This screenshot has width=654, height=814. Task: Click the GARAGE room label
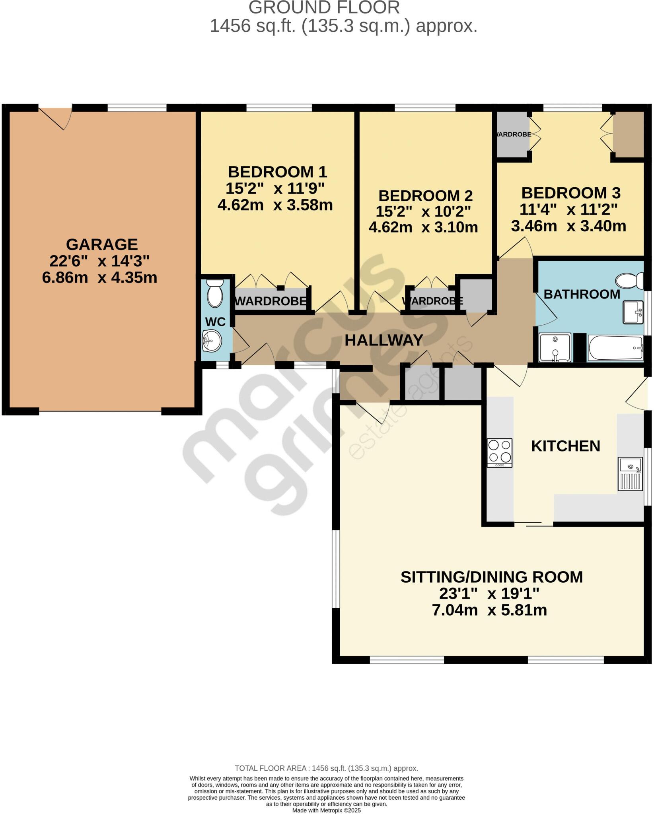(x=102, y=244)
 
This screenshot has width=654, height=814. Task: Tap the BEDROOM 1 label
(x=277, y=172)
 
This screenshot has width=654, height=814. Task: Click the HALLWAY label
(x=383, y=340)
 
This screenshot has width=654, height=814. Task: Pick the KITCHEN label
(x=566, y=446)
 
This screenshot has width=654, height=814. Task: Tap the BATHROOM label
(x=582, y=294)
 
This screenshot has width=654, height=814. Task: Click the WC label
(x=215, y=322)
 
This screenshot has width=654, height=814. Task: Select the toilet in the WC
(x=216, y=293)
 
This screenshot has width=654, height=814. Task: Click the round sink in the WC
(x=212, y=341)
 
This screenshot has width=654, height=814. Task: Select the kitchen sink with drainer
(x=630, y=474)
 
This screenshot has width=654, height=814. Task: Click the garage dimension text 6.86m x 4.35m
(x=99, y=277)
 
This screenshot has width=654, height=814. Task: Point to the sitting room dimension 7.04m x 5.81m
(x=489, y=610)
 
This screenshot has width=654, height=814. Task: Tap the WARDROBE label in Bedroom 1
(x=271, y=301)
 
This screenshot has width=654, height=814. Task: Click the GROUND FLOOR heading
(x=324, y=8)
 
